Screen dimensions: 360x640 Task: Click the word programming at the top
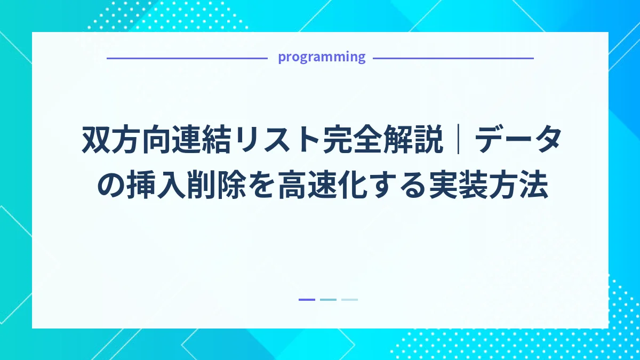[322, 57]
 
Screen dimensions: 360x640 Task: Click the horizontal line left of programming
[187, 58]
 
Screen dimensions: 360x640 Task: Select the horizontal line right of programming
[453, 58]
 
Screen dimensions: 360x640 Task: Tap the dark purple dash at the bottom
[307, 300]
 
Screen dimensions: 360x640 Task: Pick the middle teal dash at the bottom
[328, 300]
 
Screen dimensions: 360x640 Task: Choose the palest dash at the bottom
[349, 300]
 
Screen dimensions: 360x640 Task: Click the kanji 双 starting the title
[97, 140]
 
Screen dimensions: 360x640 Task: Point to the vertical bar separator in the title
[459, 140]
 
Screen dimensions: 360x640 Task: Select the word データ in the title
[517, 140]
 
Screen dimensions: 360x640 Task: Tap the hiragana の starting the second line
[107, 187]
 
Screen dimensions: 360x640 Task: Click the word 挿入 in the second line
[153, 187]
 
